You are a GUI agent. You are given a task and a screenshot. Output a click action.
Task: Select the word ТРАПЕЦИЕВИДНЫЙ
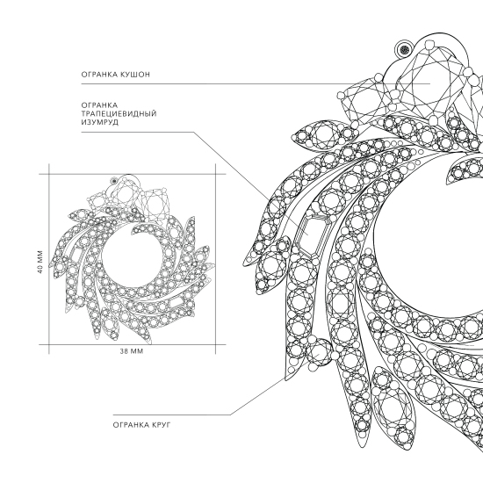(x=119, y=113)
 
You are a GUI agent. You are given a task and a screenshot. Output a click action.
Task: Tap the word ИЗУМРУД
(x=100, y=122)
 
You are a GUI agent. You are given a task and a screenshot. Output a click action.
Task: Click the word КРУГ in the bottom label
(x=161, y=425)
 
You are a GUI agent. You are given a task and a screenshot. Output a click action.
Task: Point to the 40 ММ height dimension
(x=41, y=262)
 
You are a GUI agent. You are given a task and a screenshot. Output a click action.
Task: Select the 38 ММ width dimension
(x=132, y=351)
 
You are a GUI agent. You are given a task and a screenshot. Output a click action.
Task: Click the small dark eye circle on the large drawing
(x=404, y=49)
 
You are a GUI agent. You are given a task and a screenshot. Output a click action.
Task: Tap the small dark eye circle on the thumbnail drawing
(x=114, y=181)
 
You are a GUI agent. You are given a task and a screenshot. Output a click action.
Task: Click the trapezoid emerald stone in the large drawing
(x=312, y=234)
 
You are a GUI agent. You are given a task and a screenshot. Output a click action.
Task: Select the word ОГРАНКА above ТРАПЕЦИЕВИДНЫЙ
(x=99, y=105)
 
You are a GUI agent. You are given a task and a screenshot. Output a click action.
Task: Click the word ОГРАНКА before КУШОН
(x=98, y=75)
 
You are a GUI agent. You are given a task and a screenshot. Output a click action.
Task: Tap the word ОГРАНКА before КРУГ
(x=131, y=425)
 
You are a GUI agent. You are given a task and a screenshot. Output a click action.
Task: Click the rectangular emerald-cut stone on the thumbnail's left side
(x=75, y=254)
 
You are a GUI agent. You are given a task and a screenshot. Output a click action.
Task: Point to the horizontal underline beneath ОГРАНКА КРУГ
(x=172, y=415)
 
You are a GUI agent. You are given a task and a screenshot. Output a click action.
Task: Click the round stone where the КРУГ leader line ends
(x=320, y=351)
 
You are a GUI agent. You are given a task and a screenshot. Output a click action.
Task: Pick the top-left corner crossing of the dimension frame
(x=48, y=174)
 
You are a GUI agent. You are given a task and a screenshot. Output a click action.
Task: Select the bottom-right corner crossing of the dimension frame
(x=215, y=344)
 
